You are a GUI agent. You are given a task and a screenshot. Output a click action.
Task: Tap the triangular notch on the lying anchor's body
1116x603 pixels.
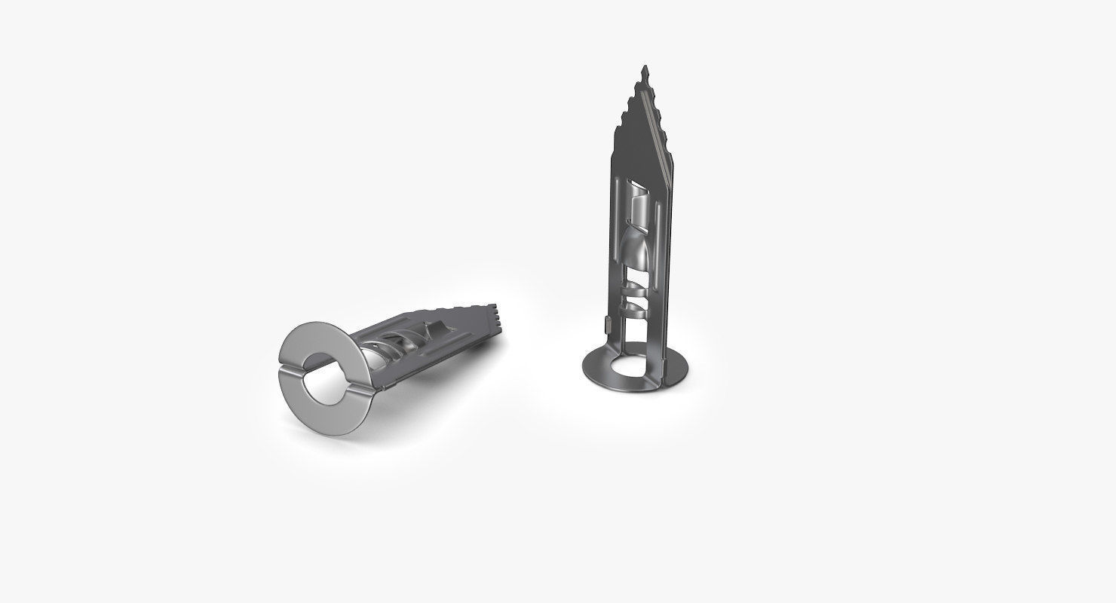click(x=433, y=329)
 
